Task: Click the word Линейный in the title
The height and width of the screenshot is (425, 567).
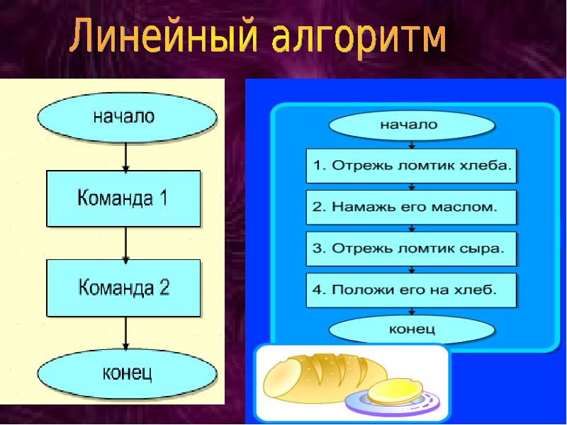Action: pyautogui.click(x=164, y=40)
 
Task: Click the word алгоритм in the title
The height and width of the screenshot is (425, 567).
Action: pyautogui.click(x=362, y=40)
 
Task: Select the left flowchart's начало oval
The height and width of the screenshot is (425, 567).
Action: pyautogui.click(x=125, y=117)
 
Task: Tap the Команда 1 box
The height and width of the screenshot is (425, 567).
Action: pyautogui.click(x=124, y=198)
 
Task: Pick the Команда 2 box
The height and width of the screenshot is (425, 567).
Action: pyautogui.click(x=124, y=288)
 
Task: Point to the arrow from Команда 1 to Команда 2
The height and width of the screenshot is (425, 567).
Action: pyautogui.click(x=125, y=243)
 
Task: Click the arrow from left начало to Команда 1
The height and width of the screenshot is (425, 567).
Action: pyautogui.click(x=125, y=155)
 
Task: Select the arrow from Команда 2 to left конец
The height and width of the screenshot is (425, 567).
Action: pyautogui.click(x=125, y=335)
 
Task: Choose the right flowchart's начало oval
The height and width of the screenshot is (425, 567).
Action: pyautogui.click(x=410, y=125)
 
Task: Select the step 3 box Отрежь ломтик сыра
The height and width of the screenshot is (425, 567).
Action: pyautogui.click(x=412, y=249)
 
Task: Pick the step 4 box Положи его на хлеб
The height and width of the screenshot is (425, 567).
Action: pyautogui.click(x=412, y=290)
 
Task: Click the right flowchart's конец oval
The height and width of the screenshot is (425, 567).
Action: pyautogui.click(x=412, y=329)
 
